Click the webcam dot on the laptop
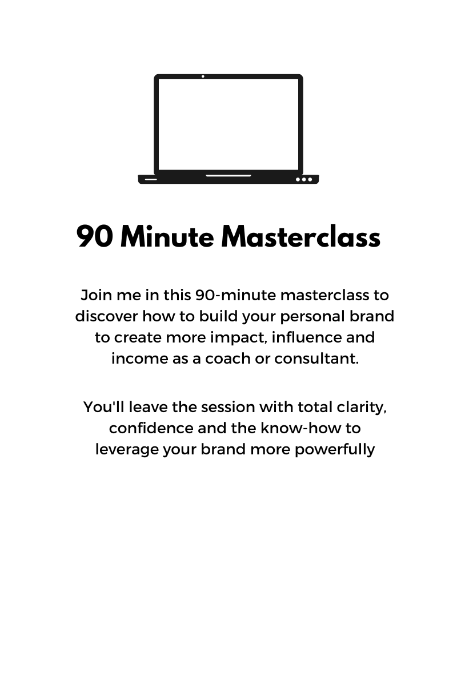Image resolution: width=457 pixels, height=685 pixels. point(203,76)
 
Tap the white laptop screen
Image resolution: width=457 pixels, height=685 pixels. point(228,124)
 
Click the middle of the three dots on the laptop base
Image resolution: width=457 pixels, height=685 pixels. point(304,179)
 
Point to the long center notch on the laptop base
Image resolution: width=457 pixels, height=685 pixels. point(228,176)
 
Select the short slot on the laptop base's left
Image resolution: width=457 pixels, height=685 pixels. point(151,179)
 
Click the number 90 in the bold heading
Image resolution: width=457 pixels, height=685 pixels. point(95,236)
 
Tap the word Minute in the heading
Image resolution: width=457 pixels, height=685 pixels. point(167,236)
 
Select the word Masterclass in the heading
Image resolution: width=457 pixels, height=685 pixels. point(300,236)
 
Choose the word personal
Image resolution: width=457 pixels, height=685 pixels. point(312,317)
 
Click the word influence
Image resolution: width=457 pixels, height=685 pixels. point(306,337)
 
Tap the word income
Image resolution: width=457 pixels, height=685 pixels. point(139,359)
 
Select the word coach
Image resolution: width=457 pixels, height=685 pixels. point(228,358)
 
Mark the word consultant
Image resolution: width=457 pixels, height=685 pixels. point(316,358)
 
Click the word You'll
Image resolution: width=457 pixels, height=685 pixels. point(104,407)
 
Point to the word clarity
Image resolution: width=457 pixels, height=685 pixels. point(362,408)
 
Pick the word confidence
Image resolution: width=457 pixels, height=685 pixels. point(151,428)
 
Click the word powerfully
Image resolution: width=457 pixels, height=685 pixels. point(335,450)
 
